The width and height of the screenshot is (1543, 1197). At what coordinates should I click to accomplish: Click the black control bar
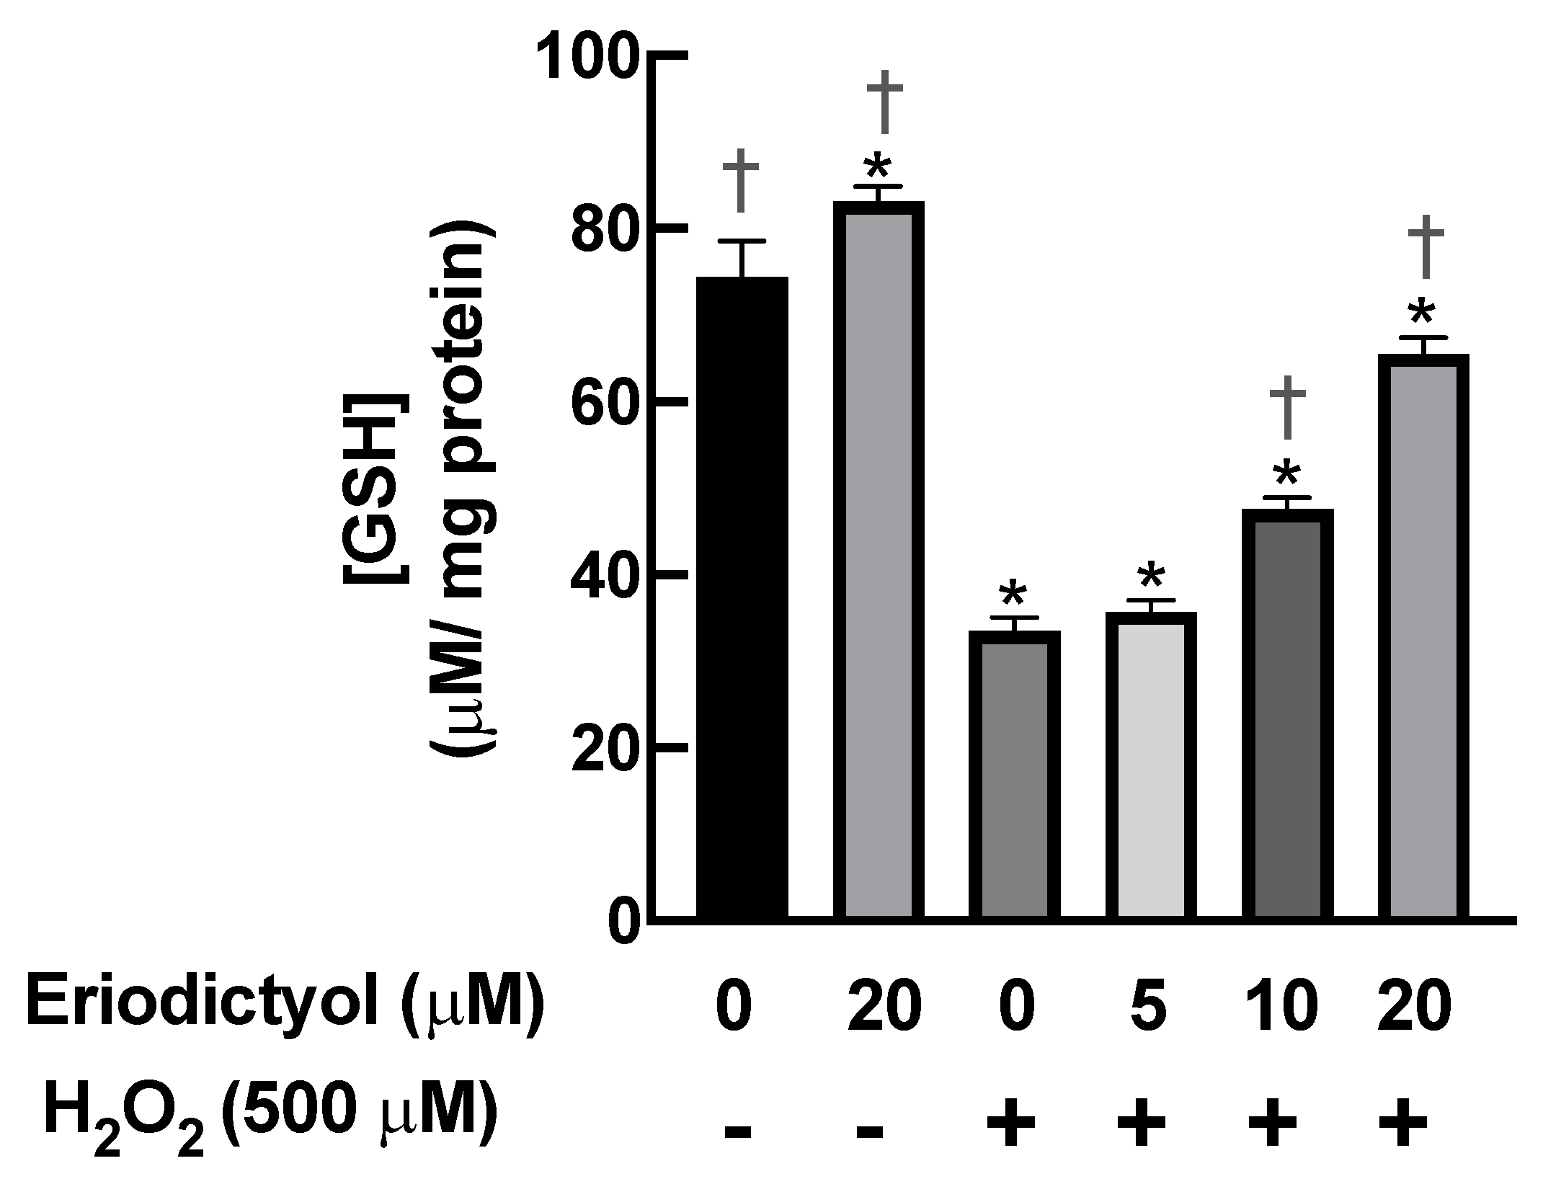pyautogui.click(x=742, y=598)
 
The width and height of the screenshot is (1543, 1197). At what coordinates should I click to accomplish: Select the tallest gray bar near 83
pyautogui.click(x=879, y=562)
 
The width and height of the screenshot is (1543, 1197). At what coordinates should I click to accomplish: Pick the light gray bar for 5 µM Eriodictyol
pyautogui.click(x=1150, y=767)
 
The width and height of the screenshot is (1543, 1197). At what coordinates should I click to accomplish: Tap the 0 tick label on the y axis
pyautogui.click(x=624, y=922)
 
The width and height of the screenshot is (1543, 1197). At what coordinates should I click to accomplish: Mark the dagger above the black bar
pyautogui.click(x=741, y=180)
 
